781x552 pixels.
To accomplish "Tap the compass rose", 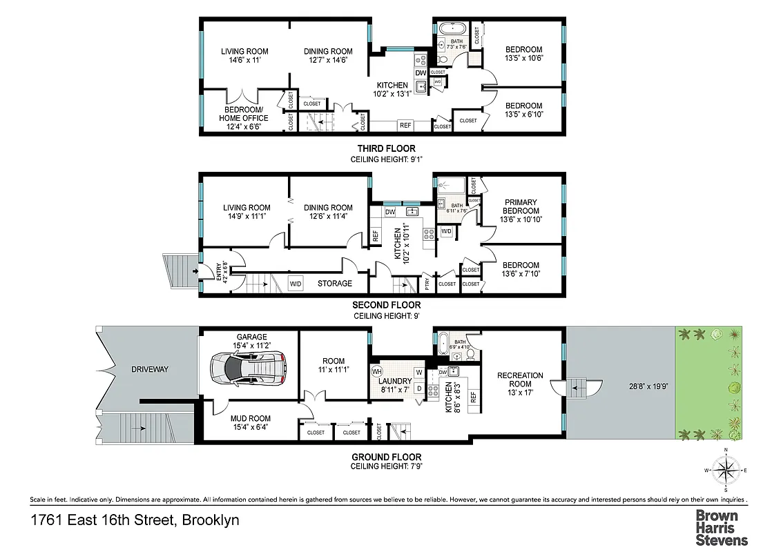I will pos(725,472).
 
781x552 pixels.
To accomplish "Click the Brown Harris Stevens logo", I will pos(721,528).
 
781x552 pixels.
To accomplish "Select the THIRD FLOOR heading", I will pos(386,148).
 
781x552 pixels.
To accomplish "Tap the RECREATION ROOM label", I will pos(520,380).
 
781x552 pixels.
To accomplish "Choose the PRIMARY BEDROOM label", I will pos(520,207).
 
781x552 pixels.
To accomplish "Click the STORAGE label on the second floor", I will pos(334,283).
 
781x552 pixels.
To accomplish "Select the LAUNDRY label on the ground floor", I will pos(396,381).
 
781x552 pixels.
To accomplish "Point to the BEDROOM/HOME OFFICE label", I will pos(244,114).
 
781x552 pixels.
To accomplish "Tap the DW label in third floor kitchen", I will pos(421,74).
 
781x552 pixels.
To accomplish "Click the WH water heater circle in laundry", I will pos(377,371).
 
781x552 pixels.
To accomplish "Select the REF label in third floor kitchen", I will pos(405,125).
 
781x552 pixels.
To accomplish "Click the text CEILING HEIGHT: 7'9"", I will pos(386,466).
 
